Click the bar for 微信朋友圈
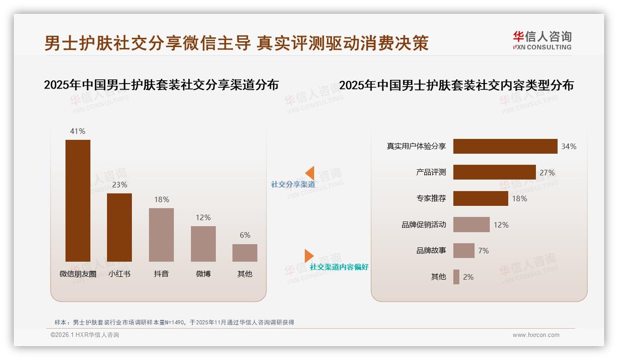tap(78, 200)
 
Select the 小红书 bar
tap(119, 227)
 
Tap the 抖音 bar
tap(161, 234)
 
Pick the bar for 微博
tap(203, 244)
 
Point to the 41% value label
tap(77, 131)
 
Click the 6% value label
tap(245, 235)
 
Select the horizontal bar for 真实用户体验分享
tap(505, 146)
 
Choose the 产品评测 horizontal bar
tap(494, 172)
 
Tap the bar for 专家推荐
tap(481, 198)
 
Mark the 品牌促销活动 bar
tap(471, 225)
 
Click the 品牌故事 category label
tap(431, 251)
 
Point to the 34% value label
tap(569, 146)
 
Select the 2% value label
tap(468, 277)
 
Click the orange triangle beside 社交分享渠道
tap(309, 173)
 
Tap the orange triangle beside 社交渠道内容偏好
tap(309, 256)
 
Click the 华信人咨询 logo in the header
tap(542, 41)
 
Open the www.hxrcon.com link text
tap(536, 335)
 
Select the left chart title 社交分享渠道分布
tap(161, 85)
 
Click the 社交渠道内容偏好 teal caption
tap(339, 267)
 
